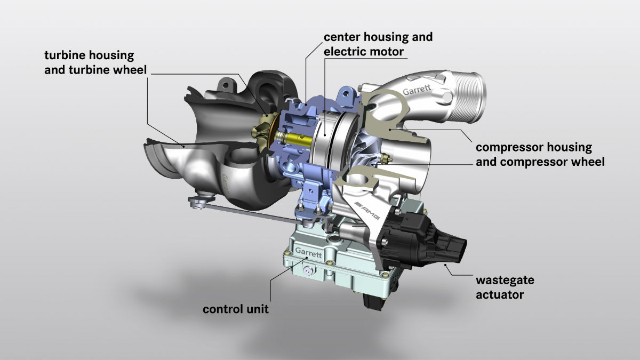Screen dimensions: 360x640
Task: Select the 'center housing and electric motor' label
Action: point(378,44)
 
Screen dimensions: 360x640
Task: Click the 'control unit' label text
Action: point(235,309)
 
